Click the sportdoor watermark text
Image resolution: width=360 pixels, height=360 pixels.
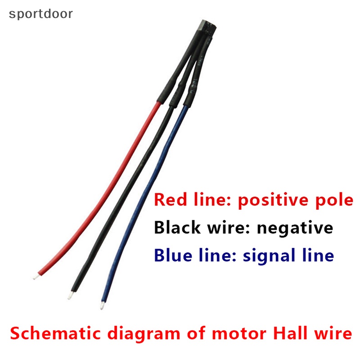coord(40,14)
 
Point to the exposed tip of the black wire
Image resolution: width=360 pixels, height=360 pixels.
coord(69,296)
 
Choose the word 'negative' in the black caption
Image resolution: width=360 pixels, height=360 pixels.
coord(295,228)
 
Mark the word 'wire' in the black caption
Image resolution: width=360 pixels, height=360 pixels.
coord(226,228)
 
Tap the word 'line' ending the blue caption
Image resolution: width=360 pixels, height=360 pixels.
coord(317,256)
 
